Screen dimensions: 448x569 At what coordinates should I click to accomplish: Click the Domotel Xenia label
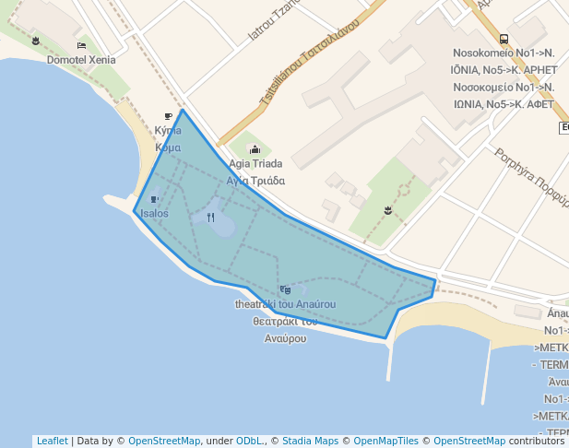(81, 59)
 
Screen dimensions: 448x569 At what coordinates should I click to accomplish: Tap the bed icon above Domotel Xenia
(81, 45)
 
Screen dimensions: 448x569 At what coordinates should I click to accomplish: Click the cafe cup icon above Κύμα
(168, 116)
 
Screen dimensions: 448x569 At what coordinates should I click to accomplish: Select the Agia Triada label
(255, 164)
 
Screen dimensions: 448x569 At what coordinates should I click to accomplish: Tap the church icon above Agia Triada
(255, 149)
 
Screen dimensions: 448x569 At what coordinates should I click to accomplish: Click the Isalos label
(154, 214)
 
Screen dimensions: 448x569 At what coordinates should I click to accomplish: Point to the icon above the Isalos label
(154, 199)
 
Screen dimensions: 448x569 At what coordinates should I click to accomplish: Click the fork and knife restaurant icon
(210, 218)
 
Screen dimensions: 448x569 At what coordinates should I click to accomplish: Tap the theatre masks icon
(285, 289)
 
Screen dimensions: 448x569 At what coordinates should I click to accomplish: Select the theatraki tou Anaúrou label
(285, 304)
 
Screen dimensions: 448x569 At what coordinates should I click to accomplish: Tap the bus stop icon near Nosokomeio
(504, 40)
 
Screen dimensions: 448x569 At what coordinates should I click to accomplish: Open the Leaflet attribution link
(52, 442)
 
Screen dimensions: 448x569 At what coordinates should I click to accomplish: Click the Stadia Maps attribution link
(310, 442)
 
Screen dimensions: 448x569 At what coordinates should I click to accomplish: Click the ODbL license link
(250, 442)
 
